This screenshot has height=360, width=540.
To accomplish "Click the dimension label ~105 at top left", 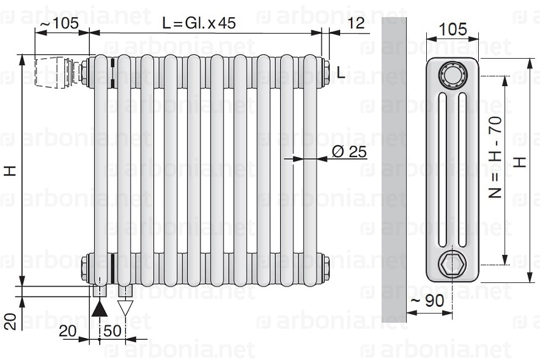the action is [59, 23].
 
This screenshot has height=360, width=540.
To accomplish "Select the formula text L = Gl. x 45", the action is [199, 23].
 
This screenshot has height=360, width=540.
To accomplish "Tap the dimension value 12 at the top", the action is [355, 23].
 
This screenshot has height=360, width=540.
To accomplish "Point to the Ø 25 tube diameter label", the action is [349, 152].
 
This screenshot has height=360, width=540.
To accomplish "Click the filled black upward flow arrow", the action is [100, 308].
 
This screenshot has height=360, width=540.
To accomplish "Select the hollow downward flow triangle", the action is [125, 308].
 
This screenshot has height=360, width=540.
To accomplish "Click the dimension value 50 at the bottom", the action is [113, 331].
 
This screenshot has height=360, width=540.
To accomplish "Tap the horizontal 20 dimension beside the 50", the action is [68, 331].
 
